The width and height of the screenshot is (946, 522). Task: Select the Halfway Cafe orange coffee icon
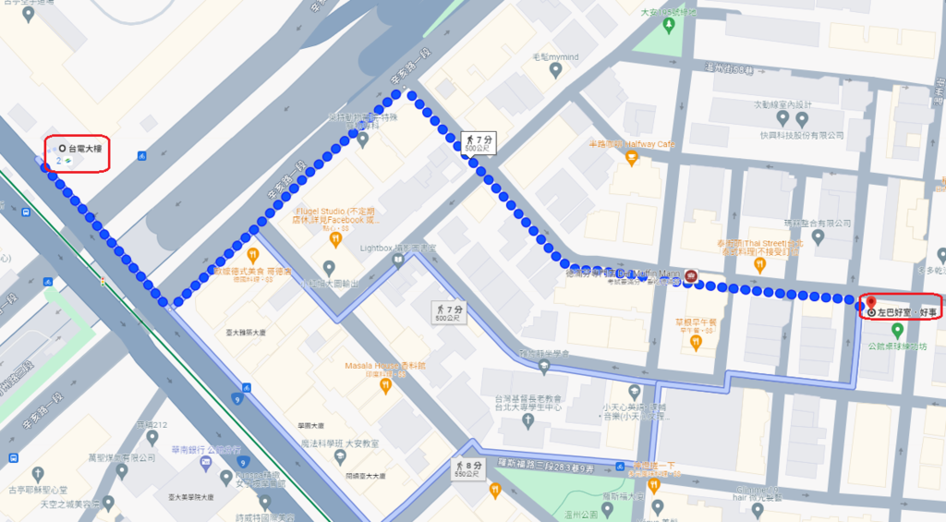tap(632, 160)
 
